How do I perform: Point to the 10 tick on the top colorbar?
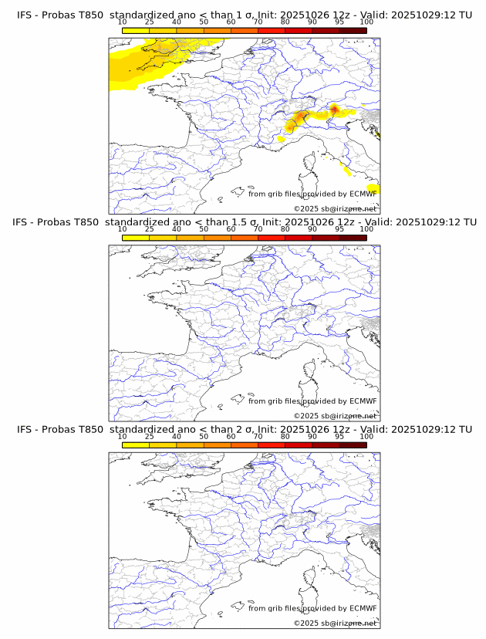[x=123, y=22]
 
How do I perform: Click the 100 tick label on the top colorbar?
[x=366, y=22]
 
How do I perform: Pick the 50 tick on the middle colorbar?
[x=204, y=229]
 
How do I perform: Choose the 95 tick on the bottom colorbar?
[x=339, y=437]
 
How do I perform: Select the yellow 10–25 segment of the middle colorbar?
[x=136, y=238]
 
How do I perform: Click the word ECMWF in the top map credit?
[x=363, y=194]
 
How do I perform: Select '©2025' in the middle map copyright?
[x=305, y=416]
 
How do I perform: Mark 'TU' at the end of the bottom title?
[x=465, y=429]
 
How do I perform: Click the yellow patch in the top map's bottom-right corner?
[x=373, y=188]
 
